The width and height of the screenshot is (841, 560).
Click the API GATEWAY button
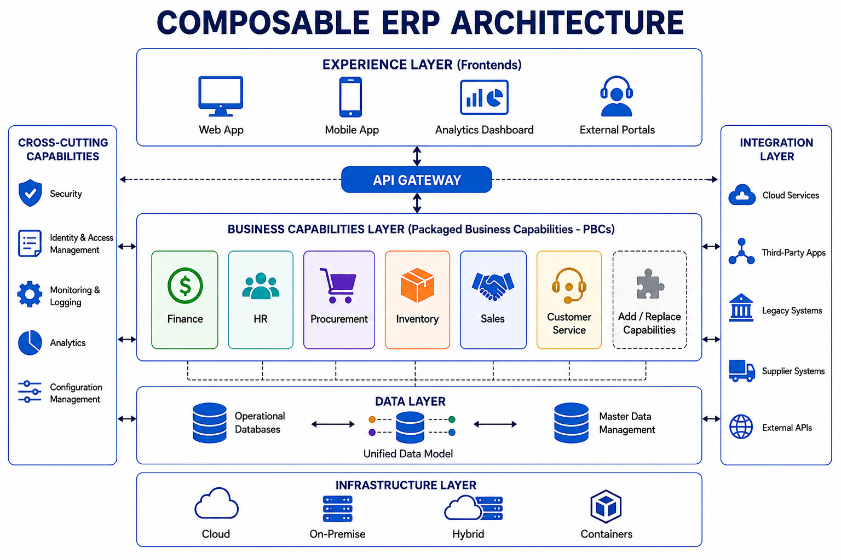[x=416, y=180]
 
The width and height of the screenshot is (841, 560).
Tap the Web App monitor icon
[x=221, y=96]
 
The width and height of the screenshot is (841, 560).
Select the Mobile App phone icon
[x=350, y=97]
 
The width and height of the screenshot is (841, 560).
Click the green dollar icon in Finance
[x=185, y=285]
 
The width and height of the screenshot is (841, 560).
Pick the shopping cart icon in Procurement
[x=338, y=285]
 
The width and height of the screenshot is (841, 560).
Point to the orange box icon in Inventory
[x=417, y=285]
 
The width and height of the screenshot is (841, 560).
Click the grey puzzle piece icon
[x=650, y=284]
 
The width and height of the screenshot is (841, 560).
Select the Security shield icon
[x=30, y=193]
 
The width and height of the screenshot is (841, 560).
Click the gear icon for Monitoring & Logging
[x=30, y=294]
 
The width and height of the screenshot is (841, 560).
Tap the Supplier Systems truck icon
[x=741, y=371]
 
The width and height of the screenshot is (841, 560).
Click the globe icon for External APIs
[x=741, y=427]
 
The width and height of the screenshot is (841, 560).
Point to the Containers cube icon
[x=606, y=506]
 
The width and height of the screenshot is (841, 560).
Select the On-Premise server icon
[x=337, y=509]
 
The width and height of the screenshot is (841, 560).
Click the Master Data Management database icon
[x=571, y=423]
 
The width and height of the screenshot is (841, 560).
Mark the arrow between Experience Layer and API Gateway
[x=417, y=156]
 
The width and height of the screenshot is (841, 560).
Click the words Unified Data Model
[x=408, y=454]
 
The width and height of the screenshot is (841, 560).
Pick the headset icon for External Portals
[x=616, y=96]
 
